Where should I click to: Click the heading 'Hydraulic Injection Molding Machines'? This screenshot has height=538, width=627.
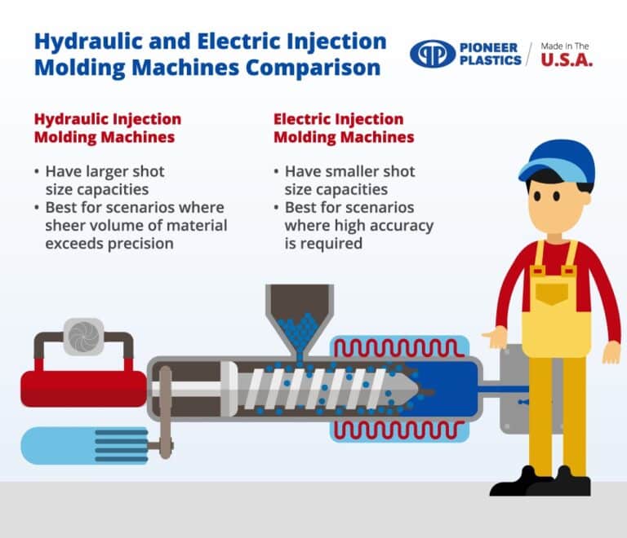pos(107,128)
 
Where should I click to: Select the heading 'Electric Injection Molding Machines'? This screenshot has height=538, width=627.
pos(343,128)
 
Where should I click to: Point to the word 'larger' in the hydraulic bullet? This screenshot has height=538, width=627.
pos(108,172)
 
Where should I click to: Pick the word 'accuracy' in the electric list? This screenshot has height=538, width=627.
pos(400,225)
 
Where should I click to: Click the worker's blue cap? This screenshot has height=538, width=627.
pos(557,159)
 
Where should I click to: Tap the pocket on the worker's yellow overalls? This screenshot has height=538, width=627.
pos(556,292)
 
